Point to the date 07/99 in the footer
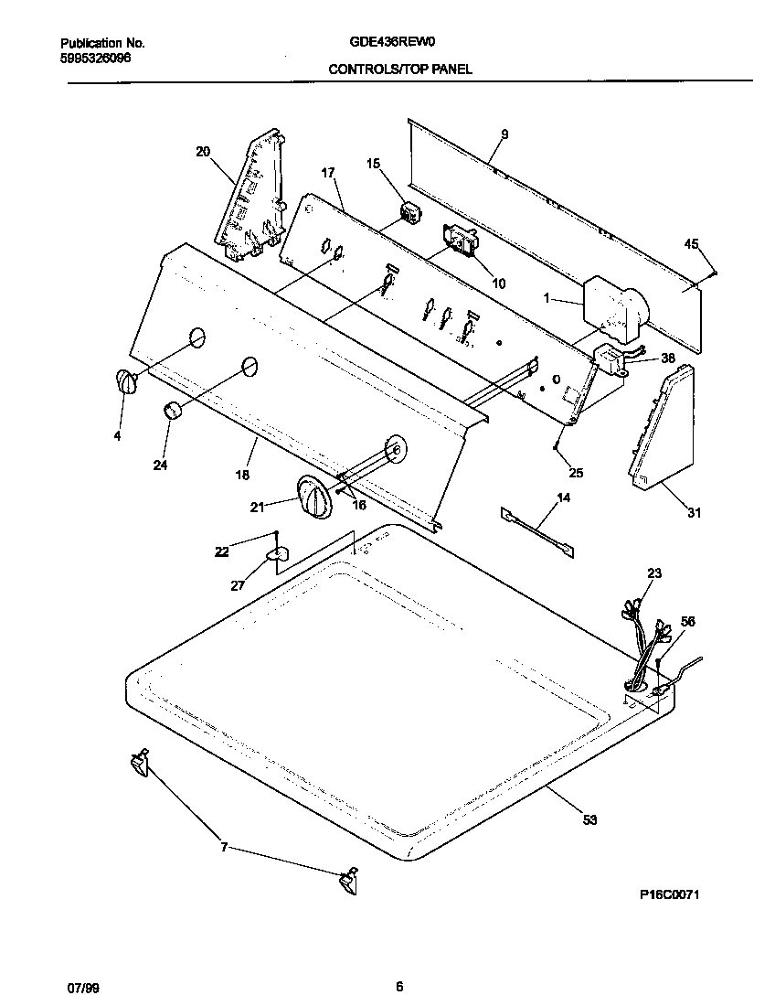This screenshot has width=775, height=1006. click(x=81, y=987)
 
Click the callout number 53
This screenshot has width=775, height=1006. click(x=589, y=820)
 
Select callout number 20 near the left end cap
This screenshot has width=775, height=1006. click(x=203, y=152)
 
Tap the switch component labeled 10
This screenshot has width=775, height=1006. click(x=462, y=244)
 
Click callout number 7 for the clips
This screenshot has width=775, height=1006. click(x=223, y=848)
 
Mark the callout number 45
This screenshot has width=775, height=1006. click(x=692, y=243)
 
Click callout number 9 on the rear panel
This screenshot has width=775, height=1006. click(x=504, y=134)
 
